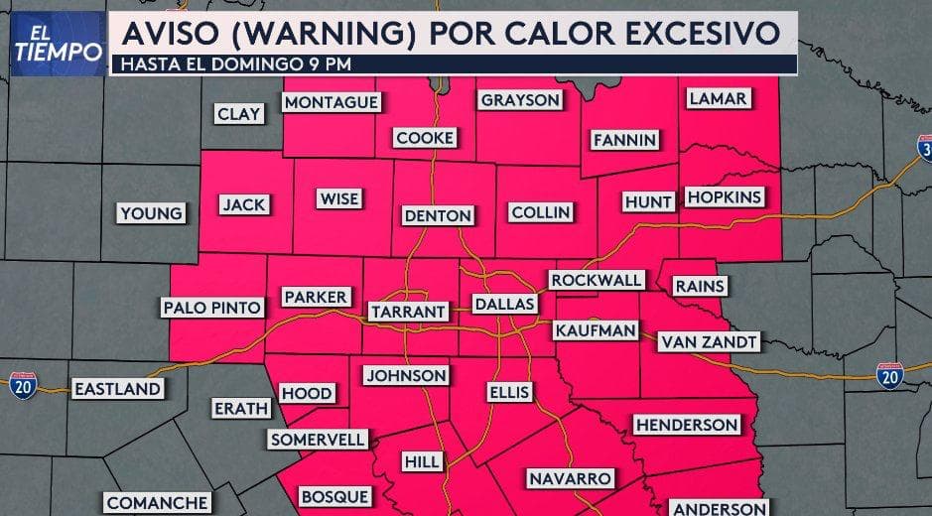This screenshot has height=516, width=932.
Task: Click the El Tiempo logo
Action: (x=58, y=43)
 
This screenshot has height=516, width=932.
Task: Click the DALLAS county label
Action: (x=504, y=304)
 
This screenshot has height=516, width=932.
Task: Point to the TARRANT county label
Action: (x=408, y=312)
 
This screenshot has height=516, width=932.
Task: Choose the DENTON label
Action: (x=438, y=215)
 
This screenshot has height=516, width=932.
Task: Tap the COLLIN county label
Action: (x=540, y=212)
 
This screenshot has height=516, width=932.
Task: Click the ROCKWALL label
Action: (x=597, y=280)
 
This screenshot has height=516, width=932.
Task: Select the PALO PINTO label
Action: (x=212, y=308)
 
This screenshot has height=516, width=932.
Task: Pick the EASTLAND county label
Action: (x=117, y=388)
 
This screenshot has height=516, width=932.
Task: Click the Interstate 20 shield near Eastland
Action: (x=23, y=385)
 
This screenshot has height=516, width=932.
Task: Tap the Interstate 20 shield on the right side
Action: (x=890, y=375)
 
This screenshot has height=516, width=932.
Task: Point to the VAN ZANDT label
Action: (x=709, y=341)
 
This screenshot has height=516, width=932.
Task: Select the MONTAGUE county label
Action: (x=331, y=103)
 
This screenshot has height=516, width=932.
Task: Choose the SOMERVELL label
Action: (x=318, y=439)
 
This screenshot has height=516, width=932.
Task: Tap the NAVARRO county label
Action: (x=570, y=478)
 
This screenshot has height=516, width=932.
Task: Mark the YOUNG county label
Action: (x=151, y=212)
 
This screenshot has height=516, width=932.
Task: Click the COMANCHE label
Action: (x=157, y=503)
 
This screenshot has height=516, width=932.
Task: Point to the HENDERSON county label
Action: (x=687, y=425)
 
